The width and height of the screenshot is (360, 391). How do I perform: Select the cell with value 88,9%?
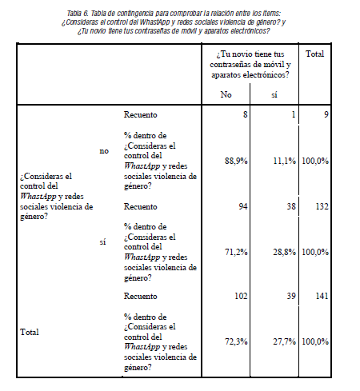[236, 161]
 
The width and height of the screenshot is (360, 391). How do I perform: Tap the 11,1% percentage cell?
[284, 161]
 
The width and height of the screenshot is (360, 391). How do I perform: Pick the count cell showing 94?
[242, 205]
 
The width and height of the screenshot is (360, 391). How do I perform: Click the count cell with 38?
[291, 205]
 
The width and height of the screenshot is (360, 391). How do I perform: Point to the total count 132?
[320, 205]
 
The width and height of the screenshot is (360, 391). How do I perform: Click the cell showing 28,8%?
[284, 251]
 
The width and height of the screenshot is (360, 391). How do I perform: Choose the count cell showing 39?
[291, 296]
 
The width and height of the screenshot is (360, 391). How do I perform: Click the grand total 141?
[320, 296]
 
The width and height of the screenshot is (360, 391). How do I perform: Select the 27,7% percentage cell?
[284, 341]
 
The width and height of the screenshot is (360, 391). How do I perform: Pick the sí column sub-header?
[274, 94]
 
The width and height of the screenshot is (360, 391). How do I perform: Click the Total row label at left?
[28, 330]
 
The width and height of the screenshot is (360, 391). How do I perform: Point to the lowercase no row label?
[103, 150]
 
